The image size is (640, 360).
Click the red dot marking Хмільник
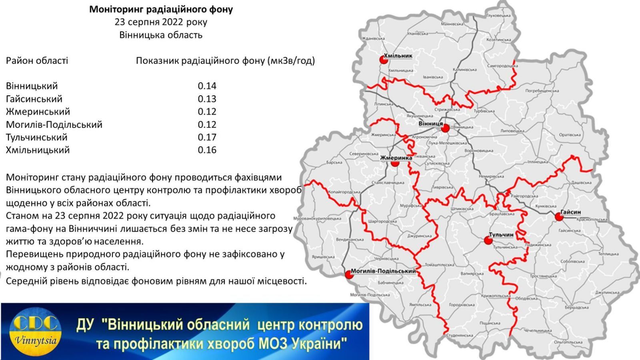(x=384, y=60)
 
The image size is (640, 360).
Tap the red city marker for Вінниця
(x=445, y=128)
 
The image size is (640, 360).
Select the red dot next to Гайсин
(x=559, y=217)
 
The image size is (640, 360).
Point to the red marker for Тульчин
(x=488, y=240)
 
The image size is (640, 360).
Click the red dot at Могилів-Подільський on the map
(x=348, y=275)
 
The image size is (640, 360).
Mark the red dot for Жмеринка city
(x=395, y=163)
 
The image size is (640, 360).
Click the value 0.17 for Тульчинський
(x=207, y=137)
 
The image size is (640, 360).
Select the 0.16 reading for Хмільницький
(x=207, y=150)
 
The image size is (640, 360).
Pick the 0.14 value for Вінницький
(x=207, y=86)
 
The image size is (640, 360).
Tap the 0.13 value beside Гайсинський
(x=207, y=99)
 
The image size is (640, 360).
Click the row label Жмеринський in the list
(x=38, y=112)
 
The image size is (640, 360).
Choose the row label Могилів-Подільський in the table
(x=54, y=124)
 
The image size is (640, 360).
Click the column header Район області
(x=37, y=61)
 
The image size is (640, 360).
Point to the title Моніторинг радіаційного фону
(x=161, y=9)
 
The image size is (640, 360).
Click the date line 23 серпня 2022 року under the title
(x=161, y=22)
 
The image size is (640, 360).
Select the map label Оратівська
(x=570, y=135)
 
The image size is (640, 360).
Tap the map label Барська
(x=334, y=163)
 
